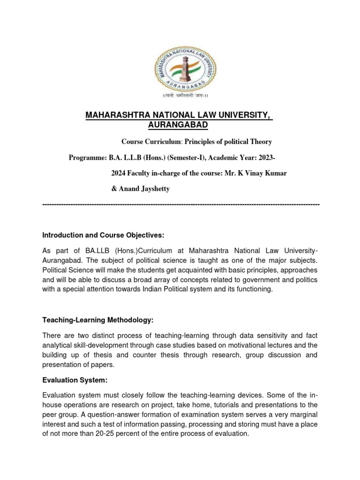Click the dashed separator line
pyautogui.click(x=180, y=205)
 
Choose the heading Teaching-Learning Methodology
pyautogui.click(x=98, y=320)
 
